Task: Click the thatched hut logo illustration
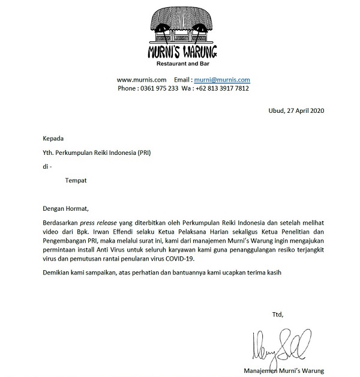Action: click(182, 25)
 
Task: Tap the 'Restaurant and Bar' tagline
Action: click(182, 63)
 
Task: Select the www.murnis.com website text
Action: click(137, 79)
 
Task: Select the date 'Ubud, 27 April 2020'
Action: click(296, 110)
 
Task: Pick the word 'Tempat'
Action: click(76, 179)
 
